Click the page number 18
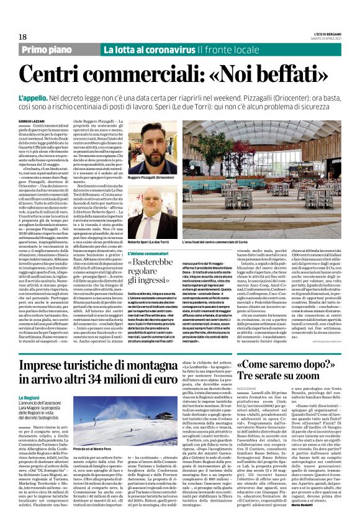14,37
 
